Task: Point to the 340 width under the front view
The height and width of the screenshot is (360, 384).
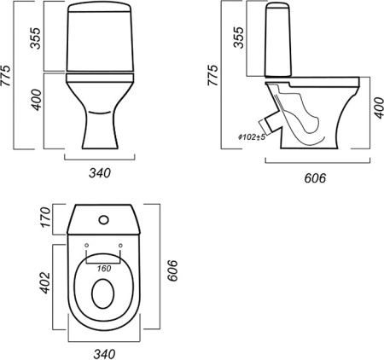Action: pos(100,171)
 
